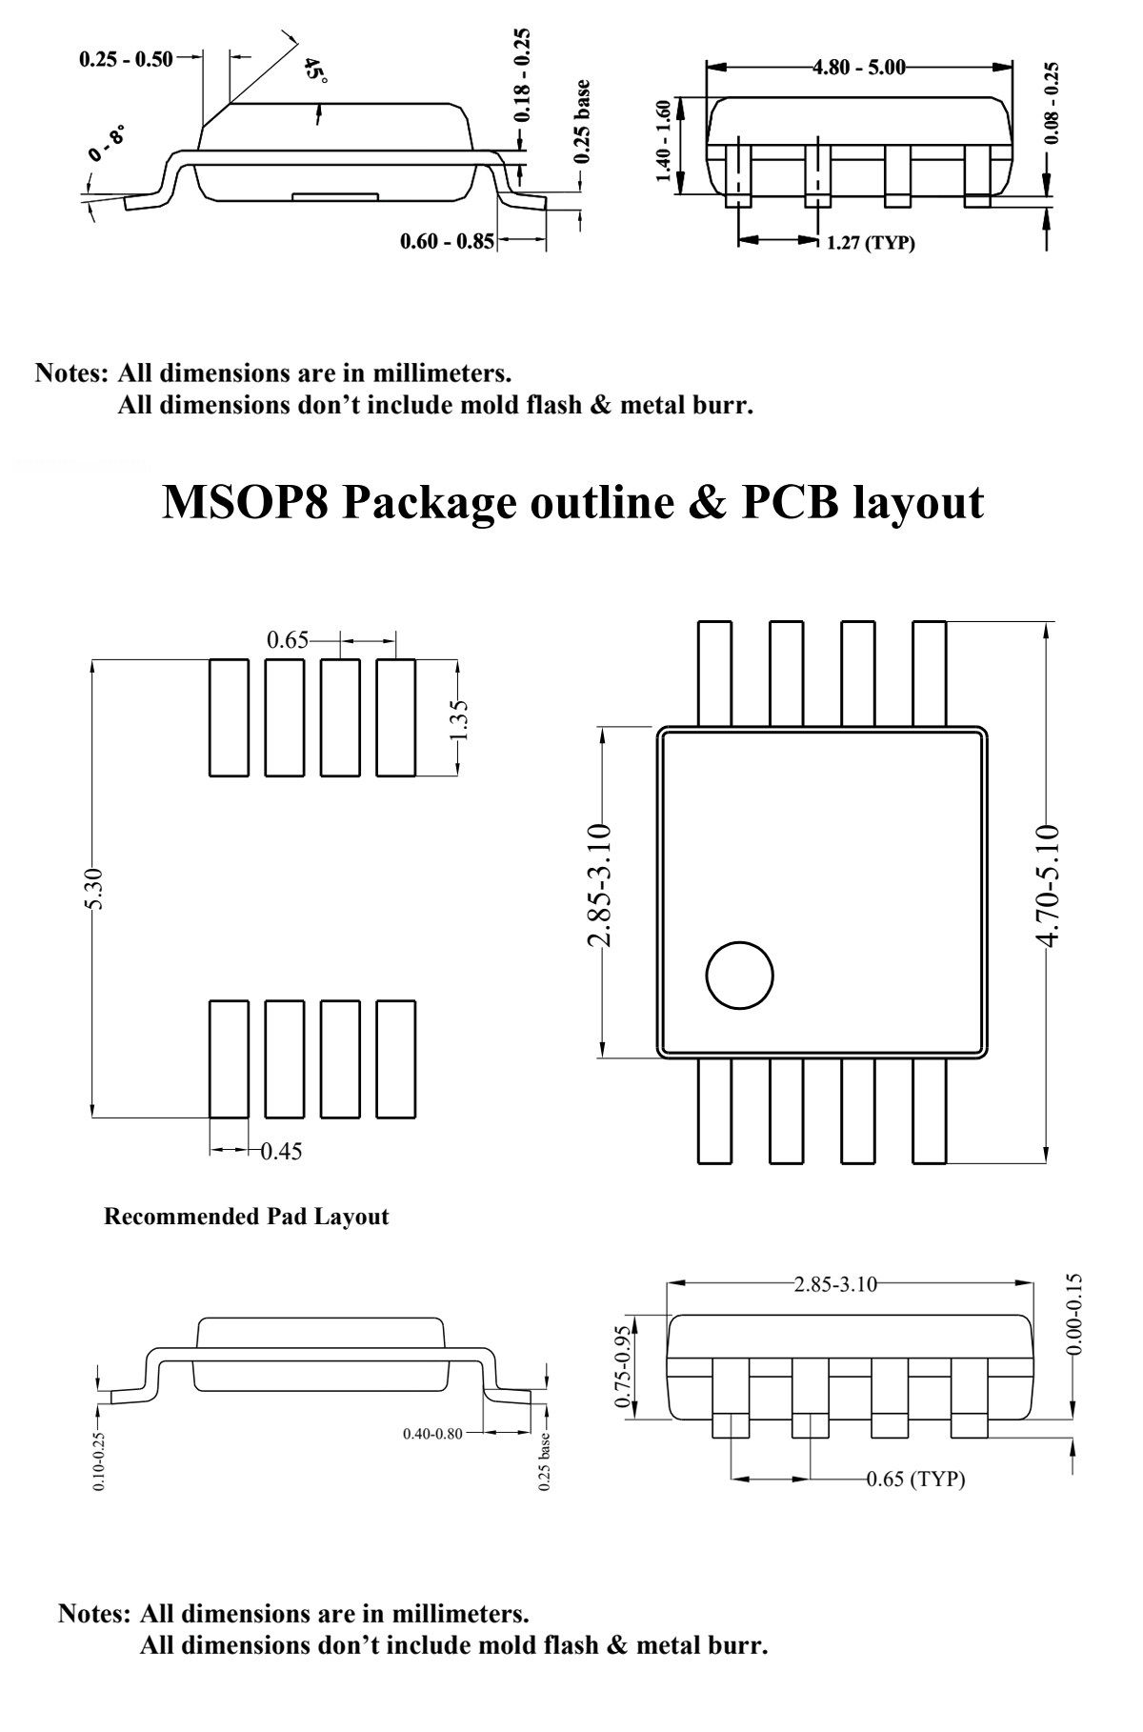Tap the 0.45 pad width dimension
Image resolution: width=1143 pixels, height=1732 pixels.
coord(282,1152)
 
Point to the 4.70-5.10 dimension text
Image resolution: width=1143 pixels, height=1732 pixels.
coord(1047,886)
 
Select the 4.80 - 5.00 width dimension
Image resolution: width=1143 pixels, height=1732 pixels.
coord(858,67)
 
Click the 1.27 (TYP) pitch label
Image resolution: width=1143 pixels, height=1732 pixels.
coord(871,243)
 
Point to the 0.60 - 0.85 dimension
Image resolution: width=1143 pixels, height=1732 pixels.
coord(447,242)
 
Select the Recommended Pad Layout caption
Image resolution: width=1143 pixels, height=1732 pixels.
coord(246,1217)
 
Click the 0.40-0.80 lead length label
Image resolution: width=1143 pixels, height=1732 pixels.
coord(431,1433)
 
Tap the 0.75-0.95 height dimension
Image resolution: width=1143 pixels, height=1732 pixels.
coord(624,1367)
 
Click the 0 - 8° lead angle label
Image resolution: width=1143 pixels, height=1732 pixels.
coord(108,143)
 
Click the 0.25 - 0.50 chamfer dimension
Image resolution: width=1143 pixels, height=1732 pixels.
coord(126,59)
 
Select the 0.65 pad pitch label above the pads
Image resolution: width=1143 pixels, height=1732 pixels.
coord(288,640)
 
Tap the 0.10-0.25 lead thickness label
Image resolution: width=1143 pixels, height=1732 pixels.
coord(101,1461)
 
